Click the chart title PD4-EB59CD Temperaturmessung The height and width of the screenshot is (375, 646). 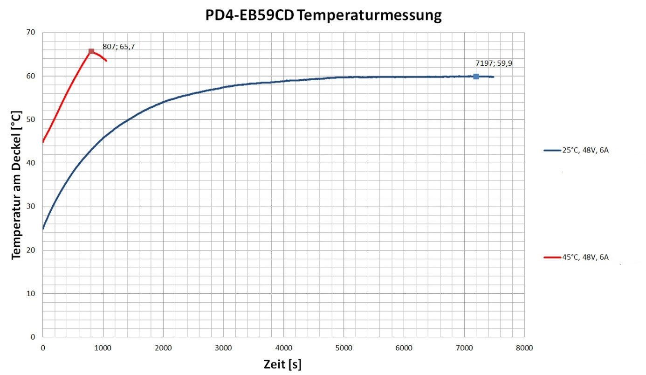tap(323, 16)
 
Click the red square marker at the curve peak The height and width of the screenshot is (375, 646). tap(91, 51)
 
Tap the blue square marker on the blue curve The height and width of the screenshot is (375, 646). tap(476, 76)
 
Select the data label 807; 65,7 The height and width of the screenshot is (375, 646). tap(115, 46)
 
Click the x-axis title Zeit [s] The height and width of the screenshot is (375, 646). tap(282, 364)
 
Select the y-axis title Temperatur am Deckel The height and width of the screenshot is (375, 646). tap(16, 185)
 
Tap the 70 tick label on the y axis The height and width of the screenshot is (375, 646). tap(31, 33)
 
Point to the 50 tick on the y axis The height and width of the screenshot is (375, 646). tap(31, 119)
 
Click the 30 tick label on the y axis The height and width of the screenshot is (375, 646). tap(31, 207)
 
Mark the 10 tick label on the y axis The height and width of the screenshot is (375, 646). tap(31, 293)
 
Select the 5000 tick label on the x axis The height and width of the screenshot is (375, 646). tap(344, 347)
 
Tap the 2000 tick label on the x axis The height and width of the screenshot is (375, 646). tap(163, 347)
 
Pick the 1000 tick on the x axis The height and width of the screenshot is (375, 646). tap(103, 347)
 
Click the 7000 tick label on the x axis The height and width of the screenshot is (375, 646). tap(464, 347)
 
